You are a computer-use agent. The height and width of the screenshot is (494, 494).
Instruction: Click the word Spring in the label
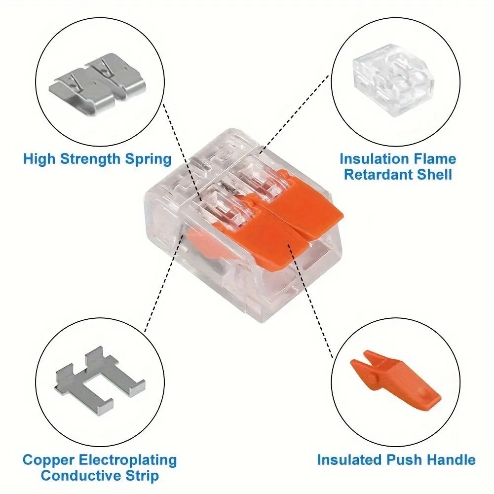point(149,159)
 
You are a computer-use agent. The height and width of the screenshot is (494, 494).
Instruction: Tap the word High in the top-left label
point(39,159)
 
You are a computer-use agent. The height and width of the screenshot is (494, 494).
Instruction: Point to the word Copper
point(48,460)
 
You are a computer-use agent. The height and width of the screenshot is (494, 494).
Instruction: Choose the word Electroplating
point(128,460)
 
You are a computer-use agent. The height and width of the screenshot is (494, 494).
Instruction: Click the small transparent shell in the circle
point(393,80)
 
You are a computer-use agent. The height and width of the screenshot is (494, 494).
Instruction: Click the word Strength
point(90,159)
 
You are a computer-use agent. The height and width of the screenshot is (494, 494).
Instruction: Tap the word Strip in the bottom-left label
point(142,476)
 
